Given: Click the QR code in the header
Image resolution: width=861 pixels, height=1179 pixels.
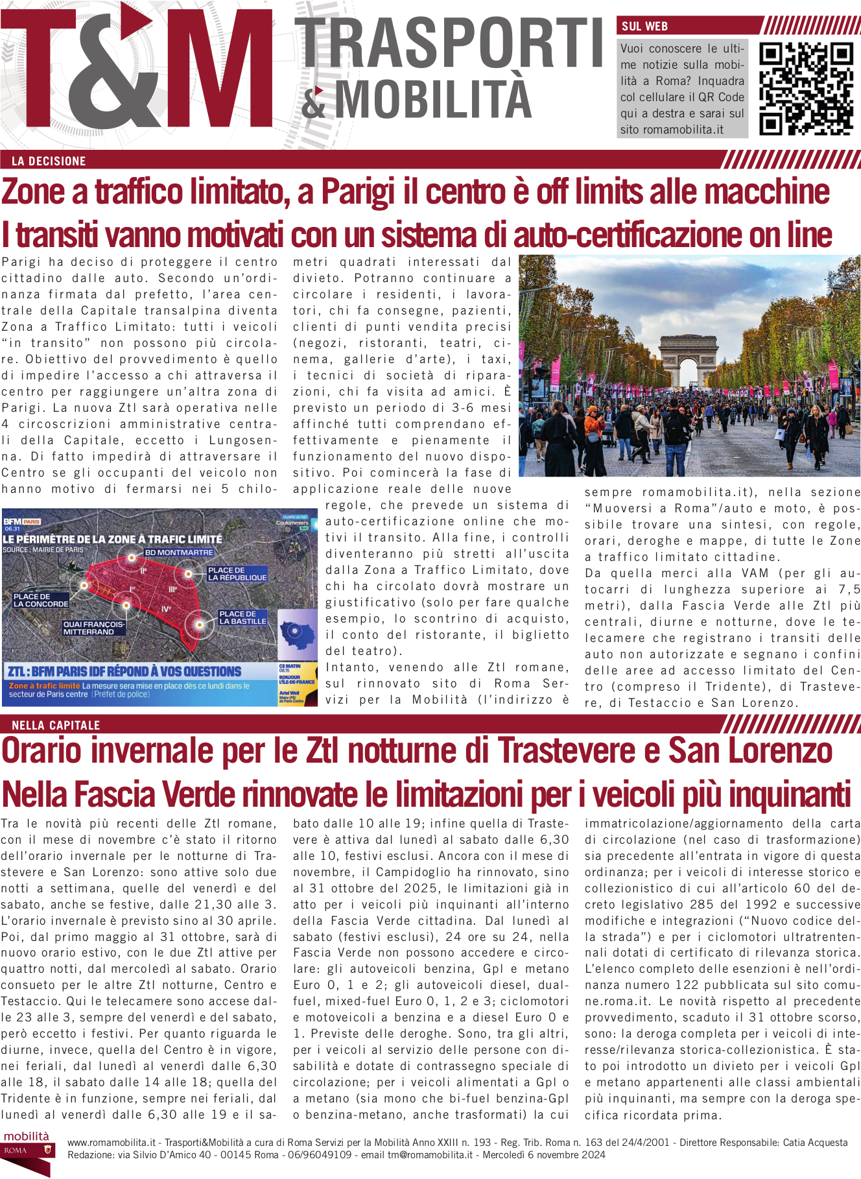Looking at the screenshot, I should [806, 88].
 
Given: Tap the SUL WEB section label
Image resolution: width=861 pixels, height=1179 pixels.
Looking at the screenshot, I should [644, 27].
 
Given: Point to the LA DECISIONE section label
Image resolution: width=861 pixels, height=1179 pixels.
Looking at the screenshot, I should [49, 161].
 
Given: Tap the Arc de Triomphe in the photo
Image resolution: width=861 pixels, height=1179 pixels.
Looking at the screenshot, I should [689, 361].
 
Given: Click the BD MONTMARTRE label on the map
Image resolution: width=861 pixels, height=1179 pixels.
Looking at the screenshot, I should [179, 553].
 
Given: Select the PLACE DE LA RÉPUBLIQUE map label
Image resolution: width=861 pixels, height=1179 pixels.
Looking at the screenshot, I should [237, 574].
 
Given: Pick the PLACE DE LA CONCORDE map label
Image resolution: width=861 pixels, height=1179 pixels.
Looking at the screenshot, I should [41, 600].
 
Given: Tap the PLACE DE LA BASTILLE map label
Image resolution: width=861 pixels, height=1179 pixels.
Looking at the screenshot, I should [242, 617].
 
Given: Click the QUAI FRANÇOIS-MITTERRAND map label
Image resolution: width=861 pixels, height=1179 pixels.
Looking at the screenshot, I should [93, 628].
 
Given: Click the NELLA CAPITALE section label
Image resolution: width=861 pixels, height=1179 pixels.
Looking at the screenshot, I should [56, 725].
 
